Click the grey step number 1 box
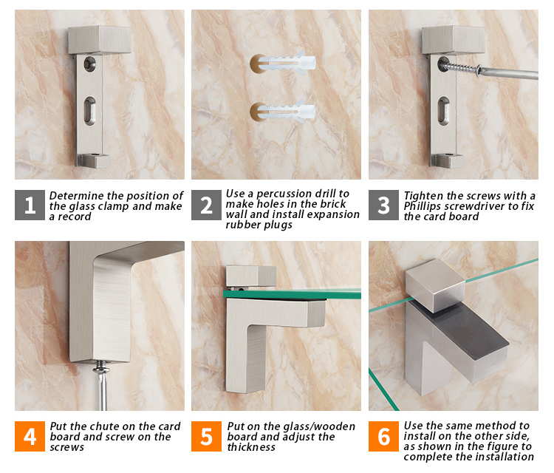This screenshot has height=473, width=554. [x=30, y=205]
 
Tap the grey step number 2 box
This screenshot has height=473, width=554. [x=206, y=205]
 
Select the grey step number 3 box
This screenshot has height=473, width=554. [x=383, y=205]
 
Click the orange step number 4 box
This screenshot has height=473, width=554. [x=30, y=436]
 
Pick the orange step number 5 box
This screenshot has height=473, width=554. [x=206, y=436]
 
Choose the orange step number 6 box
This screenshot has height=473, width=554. [x=383, y=436]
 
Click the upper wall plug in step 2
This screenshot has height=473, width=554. [x=287, y=64]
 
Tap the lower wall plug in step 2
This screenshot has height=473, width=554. [x=287, y=112]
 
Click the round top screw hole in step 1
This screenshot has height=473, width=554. [x=89, y=64]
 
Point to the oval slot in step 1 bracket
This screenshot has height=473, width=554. [x=89, y=111]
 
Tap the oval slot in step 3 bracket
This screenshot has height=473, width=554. [x=444, y=111]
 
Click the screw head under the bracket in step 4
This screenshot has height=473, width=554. [x=101, y=367]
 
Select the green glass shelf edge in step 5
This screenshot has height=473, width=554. [x=292, y=294]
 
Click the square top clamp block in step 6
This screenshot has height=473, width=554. [x=435, y=285]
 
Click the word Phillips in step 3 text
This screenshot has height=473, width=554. [x=423, y=206]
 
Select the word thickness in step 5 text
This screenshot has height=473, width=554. [x=251, y=447]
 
